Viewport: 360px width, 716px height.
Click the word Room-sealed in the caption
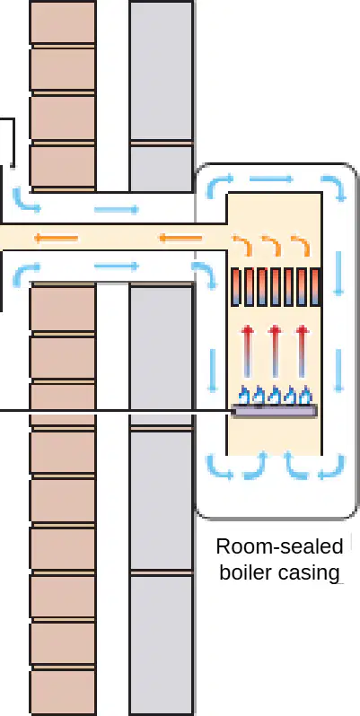279,546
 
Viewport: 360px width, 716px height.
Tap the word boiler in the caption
243,572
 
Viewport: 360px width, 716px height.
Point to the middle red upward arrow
274,351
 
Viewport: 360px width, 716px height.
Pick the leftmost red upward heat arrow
247,351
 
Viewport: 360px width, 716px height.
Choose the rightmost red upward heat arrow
301,351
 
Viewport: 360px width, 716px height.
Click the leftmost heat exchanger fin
236,287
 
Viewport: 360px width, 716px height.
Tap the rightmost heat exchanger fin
315,287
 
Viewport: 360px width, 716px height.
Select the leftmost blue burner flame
245,396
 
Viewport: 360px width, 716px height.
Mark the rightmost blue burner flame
305,396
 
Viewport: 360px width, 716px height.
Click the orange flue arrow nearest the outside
57,238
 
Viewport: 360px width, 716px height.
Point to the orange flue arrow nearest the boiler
180,238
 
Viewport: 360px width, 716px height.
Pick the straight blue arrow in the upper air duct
116,210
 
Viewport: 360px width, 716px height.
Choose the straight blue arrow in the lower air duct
116,266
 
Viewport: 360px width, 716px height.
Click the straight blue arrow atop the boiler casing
271,179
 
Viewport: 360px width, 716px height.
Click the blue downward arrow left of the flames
212,371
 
